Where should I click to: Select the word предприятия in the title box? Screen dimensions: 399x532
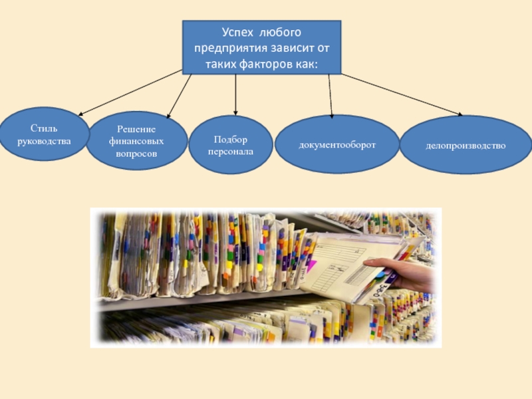coord(231,49)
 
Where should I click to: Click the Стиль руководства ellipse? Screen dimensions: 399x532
coord(45,134)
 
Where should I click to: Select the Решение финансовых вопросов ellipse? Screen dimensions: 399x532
coord(137,140)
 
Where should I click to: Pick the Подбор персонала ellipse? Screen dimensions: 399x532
coord(231,145)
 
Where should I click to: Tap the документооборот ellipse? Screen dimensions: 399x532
coord(337,144)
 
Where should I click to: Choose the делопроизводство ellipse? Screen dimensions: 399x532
coord(465,145)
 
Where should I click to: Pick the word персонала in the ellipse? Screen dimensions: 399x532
coord(231,151)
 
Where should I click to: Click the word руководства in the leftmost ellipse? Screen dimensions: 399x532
coord(45,140)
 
